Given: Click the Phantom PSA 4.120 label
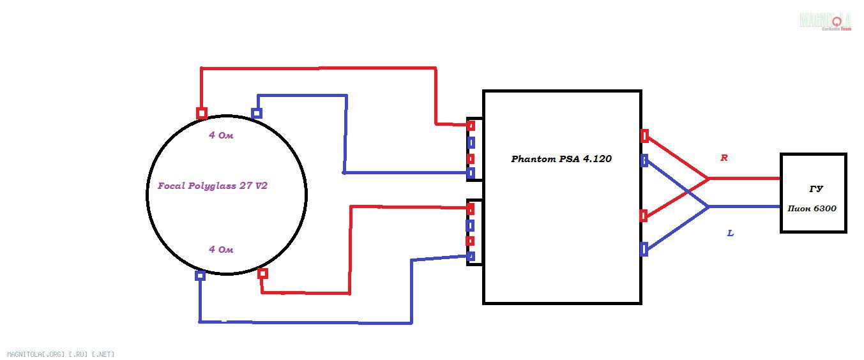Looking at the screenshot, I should (561, 159).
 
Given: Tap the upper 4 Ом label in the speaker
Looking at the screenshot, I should (221, 135).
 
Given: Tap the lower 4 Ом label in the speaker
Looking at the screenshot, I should (221, 250).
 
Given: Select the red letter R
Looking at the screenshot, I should (724, 158).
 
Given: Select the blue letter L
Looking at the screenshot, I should (730, 234).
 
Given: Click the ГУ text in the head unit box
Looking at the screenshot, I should (815, 189).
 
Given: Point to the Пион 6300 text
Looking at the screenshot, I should (812, 209).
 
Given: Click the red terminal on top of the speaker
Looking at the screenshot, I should (202, 114).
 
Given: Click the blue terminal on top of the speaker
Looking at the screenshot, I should (257, 114).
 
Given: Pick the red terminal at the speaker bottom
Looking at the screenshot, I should (262, 273).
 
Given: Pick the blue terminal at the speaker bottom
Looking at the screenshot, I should (200, 276).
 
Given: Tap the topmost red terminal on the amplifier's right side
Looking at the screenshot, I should (644, 136).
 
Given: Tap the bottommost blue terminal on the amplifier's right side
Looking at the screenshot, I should (644, 249).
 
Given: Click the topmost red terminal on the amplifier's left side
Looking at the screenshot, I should (471, 126).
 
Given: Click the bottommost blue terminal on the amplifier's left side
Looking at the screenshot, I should (471, 257).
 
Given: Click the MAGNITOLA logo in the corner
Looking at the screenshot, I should (825, 21).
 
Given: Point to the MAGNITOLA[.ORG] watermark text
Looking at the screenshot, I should (61, 354).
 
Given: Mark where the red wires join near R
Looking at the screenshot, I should (709, 179).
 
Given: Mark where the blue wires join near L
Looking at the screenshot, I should (709, 207).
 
